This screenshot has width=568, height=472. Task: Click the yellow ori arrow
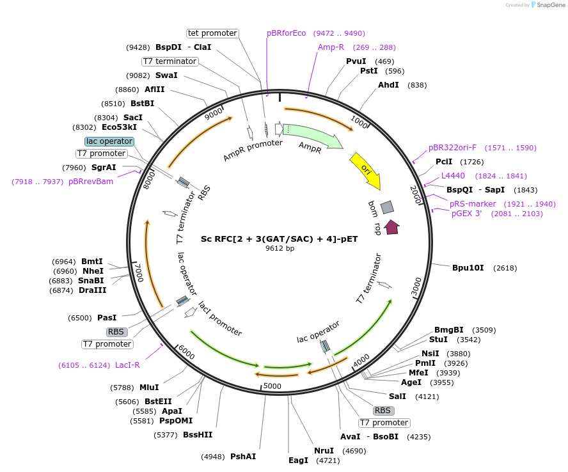tap(366, 170)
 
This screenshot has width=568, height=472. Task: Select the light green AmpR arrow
tap(312, 136)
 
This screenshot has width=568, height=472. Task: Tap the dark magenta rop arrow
tap(391, 227)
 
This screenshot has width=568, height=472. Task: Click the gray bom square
tap(387, 207)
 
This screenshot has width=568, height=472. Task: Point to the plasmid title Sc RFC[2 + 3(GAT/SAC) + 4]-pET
tap(280, 239)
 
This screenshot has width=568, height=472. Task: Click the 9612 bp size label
tap(280, 249)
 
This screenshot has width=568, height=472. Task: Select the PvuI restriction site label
tap(356, 61)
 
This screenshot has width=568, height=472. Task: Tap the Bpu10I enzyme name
tap(468, 268)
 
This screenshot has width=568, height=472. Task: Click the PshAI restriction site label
tap(243, 457)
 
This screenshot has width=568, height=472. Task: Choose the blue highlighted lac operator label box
tap(109, 141)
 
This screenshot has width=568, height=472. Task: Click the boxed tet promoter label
tap(212, 33)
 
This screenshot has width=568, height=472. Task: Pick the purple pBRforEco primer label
tap(286, 33)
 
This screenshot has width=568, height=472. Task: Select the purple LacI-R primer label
tap(127, 365)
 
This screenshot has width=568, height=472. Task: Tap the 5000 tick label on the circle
tap(272, 386)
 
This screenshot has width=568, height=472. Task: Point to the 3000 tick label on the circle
tap(416, 286)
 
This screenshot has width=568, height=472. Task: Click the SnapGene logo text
tap(550, 4)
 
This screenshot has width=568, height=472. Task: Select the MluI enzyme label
tap(149, 388)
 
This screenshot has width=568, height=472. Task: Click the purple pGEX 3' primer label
tap(466, 214)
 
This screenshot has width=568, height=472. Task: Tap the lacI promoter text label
tap(220, 319)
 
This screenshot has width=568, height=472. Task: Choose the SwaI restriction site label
tap(166, 75)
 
